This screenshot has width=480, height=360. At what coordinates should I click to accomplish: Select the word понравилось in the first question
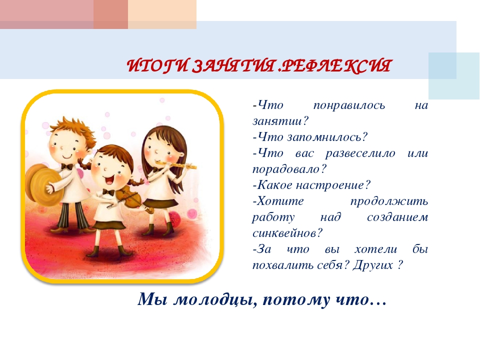tap(349, 106)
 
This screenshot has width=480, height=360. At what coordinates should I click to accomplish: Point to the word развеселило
tap(360, 153)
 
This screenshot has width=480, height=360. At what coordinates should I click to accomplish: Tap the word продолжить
tap(389, 201)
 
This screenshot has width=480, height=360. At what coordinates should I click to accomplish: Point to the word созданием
tap(397, 217)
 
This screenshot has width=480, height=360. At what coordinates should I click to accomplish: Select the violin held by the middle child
tap(131, 198)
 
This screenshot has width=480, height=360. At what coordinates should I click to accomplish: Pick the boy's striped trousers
tap(70, 216)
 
